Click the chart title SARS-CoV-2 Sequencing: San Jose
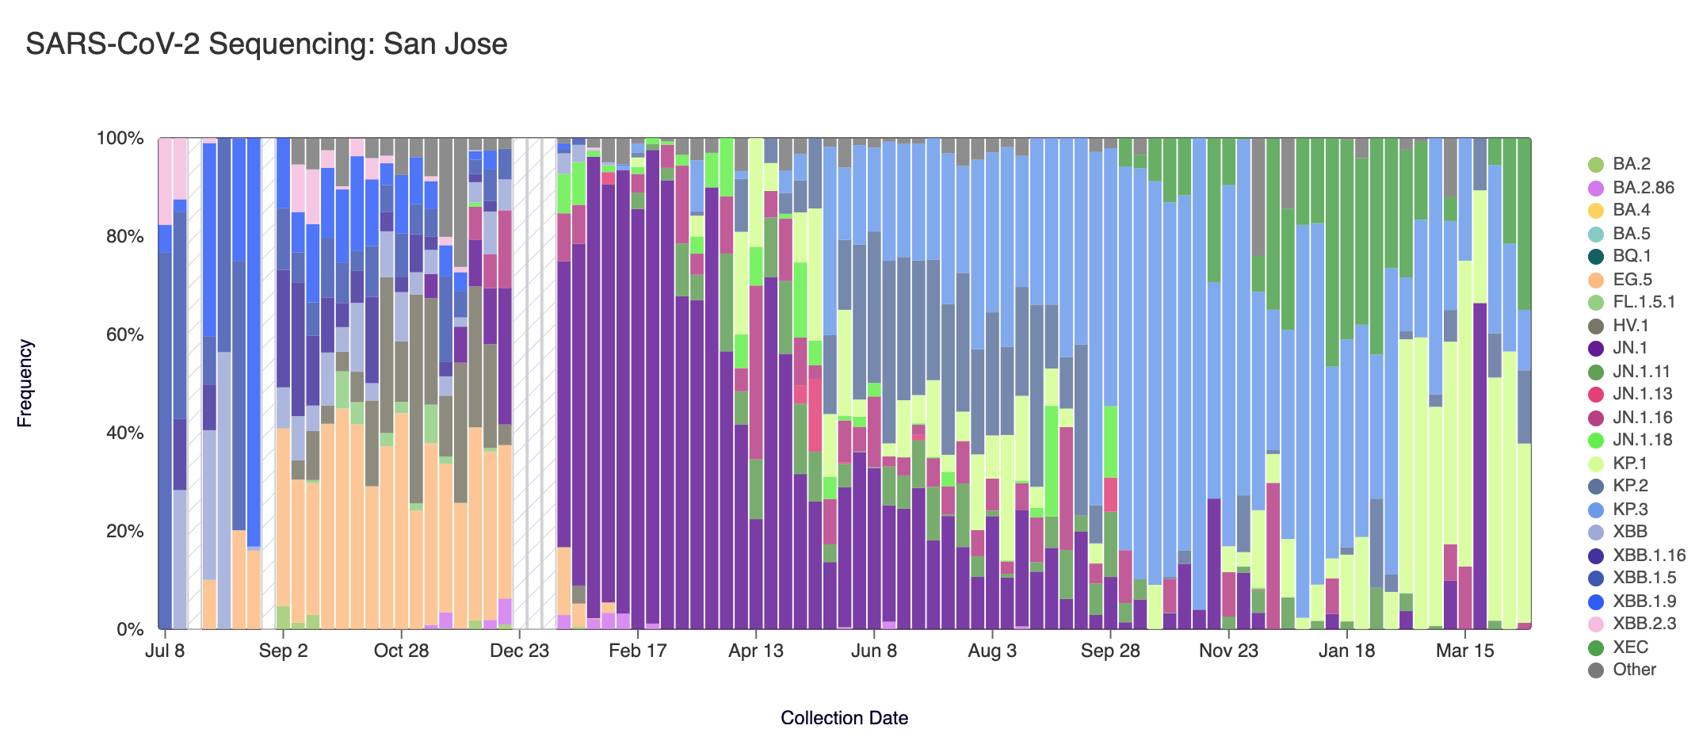(266, 44)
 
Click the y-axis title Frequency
(25, 384)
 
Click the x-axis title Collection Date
(844, 718)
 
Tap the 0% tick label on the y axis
(129, 630)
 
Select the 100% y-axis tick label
(120, 139)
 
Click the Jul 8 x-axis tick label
(165, 651)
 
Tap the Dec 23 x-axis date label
(519, 651)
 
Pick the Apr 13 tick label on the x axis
(755, 651)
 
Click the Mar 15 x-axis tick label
(1464, 651)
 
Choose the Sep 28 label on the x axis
(1110, 651)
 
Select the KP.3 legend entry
(1630, 510)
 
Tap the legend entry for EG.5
(1632, 280)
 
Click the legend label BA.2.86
(1643, 188)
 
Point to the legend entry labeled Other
(1634, 670)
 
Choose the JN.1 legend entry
(1630, 348)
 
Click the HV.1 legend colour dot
(1597, 326)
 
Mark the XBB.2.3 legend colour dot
(1597, 624)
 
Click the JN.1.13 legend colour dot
(1597, 395)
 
